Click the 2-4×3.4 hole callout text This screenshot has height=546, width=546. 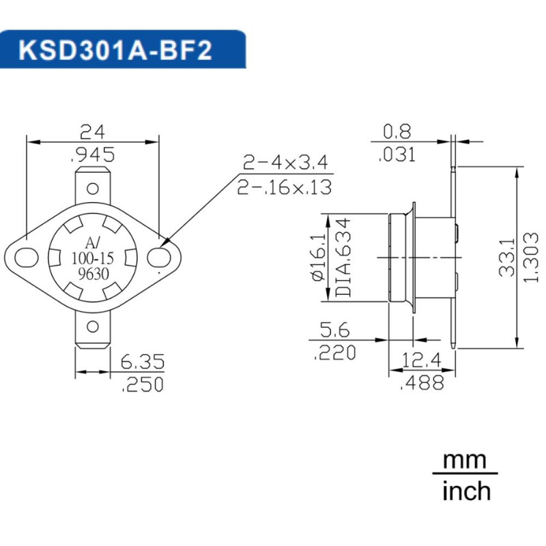coord(285,162)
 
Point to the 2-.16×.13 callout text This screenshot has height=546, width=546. coord(285,187)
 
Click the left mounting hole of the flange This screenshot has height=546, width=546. coord(27,257)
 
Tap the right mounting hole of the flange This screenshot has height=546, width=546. coord(159,257)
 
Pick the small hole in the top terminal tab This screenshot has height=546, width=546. coord(93,185)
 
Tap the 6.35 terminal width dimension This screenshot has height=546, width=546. coord(142,361)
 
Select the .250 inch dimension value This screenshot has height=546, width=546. coord(142,385)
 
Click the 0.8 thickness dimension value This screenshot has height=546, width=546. coord(399,130)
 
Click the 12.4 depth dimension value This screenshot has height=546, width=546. coord(422,360)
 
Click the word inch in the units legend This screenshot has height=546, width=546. coord(466,490)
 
